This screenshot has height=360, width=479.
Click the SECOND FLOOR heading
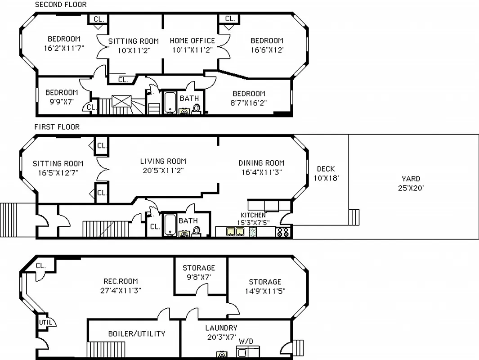pyautogui.click(x=61, y=4)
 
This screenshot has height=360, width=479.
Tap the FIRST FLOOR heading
pyautogui.click(x=57, y=127)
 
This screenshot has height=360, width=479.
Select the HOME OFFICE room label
pyautogui.click(x=192, y=41)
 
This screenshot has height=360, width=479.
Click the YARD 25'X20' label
pyautogui.click(x=410, y=183)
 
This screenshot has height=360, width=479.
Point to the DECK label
pyautogui.click(x=326, y=169)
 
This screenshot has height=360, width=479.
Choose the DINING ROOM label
pyautogui.click(x=261, y=163)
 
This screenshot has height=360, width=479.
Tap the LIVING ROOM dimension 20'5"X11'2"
pyautogui.click(x=163, y=171)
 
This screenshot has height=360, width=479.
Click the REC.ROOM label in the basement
pyautogui.click(x=121, y=281)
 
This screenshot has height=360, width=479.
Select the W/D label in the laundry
pyautogui.click(x=246, y=342)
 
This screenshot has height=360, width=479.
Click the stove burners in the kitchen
pyautogui.click(x=283, y=232)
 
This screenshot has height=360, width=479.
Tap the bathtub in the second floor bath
pyautogui.click(x=170, y=103)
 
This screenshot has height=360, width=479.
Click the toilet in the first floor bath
pyautogui.click(x=197, y=231)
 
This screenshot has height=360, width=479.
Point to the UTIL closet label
pyautogui.click(x=45, y=322)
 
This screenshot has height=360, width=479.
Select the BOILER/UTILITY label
pyautogui.click(x=136, y=333)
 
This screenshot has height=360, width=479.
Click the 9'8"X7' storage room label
pyautogui.click(x=198, y=277)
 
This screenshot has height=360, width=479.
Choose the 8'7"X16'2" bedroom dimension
pyautogui.click(x=249, y=103)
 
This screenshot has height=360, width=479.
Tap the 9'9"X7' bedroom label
pyautogui.click(x=62, y=102)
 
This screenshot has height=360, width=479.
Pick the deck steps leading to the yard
pyautogui.click(x=354, y=217)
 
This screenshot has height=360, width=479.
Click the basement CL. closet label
pyautogui.click(x=40, y=265)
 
